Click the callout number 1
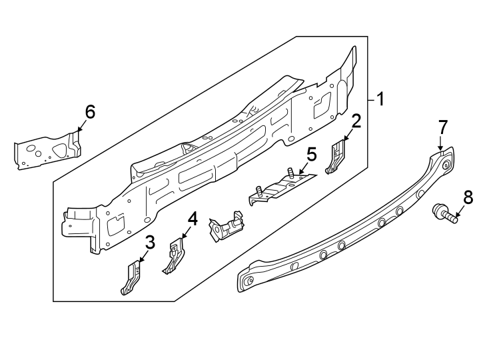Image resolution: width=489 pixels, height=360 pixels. click(380, 101)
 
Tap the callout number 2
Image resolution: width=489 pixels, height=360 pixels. click(356, 121)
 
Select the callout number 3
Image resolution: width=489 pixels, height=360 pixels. click(150, 243)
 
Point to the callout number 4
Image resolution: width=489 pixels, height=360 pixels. click(193, 218)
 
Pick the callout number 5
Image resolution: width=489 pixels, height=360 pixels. click(311, 155)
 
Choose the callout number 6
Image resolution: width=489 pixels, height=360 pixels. click(90, 111)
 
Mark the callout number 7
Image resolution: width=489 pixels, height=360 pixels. click(443, 126)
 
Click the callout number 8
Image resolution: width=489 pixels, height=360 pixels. click(467, 197)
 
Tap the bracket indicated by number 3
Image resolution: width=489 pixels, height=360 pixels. click(131, 278)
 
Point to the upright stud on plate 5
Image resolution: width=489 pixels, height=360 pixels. click(291, 173)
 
